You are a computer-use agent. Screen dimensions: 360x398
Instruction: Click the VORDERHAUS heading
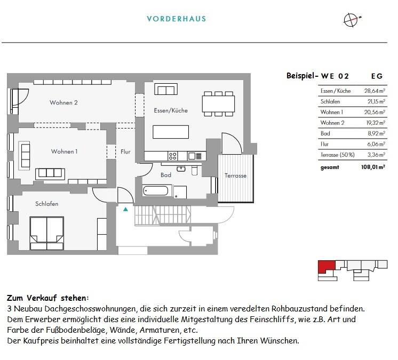[x=176, y=19]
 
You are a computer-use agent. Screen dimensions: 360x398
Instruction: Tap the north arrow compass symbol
[x=351, y=19]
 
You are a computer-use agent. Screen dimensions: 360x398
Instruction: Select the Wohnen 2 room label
[x=64, y=102]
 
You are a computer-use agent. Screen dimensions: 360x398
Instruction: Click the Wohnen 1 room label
[x=64, y=151]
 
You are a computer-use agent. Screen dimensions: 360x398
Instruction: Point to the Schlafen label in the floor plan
[x=47, y=204]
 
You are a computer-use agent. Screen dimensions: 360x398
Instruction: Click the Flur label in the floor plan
[x=125, y=151]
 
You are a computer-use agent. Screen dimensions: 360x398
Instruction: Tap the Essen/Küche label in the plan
[x=171, y=110]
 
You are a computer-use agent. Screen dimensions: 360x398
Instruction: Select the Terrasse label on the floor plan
[x=235, y=175]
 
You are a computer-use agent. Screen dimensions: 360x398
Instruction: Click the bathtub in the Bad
[x=156, y=190]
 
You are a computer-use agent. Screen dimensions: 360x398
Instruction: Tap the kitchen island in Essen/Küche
[x=171, y=131]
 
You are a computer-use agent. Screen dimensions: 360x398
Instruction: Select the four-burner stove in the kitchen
[x=173, y=156]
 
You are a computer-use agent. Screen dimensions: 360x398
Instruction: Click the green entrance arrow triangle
[x=125, y=210]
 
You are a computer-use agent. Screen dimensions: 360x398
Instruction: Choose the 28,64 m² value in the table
[x=374, y=91]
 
